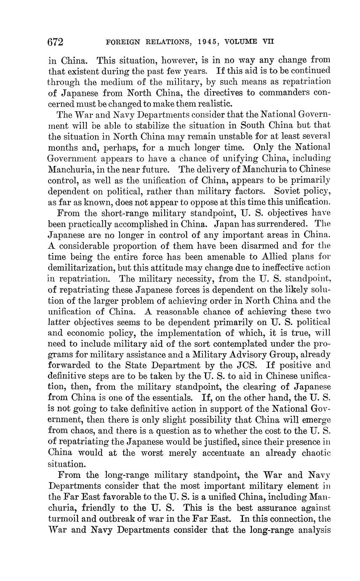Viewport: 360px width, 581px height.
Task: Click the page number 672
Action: [x=56, y=42]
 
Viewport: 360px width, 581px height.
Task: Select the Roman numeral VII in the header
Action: [x=268, y=42]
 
